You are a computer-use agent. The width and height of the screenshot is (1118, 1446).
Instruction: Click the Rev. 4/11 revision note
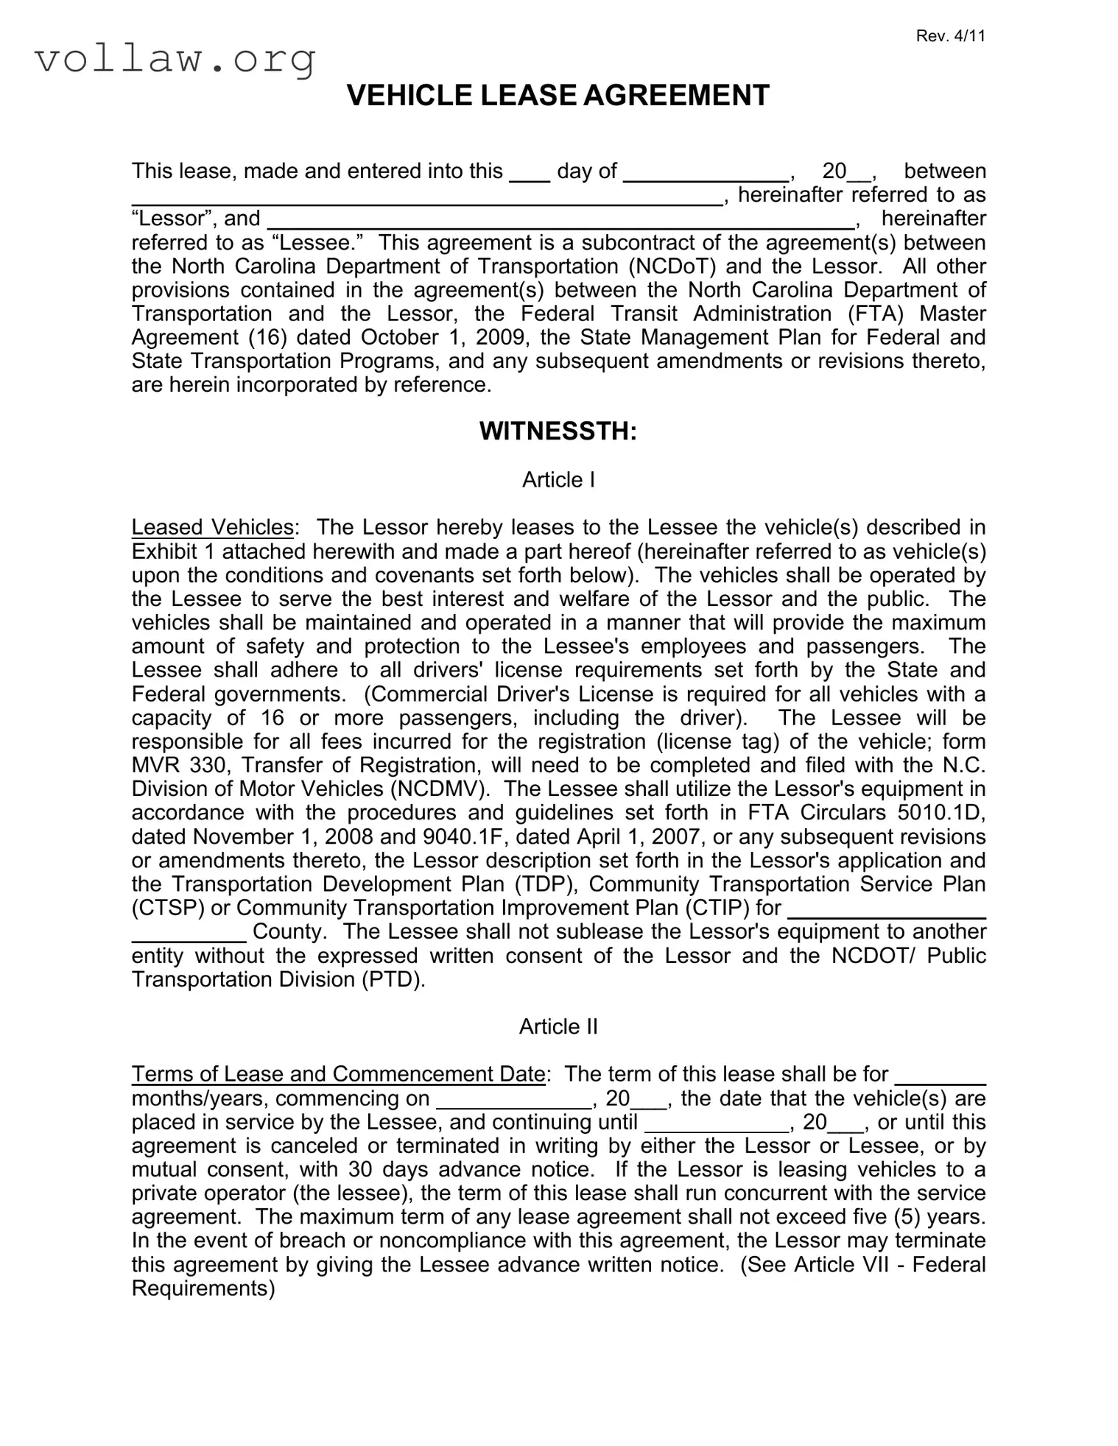950,37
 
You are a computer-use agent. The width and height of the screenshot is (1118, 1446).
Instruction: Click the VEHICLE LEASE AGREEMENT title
558,96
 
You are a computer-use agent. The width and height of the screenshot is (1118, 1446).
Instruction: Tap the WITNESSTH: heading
558,431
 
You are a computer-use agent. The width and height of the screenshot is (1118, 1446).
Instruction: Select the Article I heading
558,480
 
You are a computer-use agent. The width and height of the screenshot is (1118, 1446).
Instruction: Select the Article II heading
558,1026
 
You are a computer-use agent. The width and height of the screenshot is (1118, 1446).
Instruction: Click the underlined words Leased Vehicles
212,527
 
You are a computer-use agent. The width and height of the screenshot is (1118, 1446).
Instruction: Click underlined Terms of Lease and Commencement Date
338,1074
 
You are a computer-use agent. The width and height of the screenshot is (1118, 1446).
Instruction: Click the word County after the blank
288,932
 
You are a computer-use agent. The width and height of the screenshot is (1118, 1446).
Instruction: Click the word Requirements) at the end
203,1288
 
